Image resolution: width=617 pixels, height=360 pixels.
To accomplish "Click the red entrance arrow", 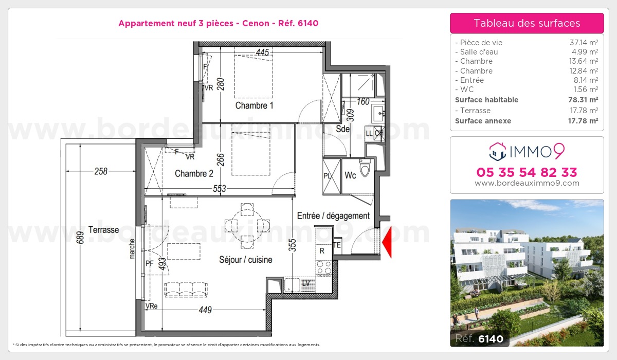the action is pyautogui.click(x=387, y=242).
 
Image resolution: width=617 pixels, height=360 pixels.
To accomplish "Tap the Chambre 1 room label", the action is pyautogui.click(x=254, y=105).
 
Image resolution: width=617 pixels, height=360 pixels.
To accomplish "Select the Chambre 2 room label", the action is pyautogui.click(x=194, y=173).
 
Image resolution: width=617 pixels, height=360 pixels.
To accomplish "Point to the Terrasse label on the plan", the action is pyautogui.click(x=103, y=230).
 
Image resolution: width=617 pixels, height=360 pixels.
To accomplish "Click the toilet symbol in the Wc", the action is pyautogui.click(x=365, y=168).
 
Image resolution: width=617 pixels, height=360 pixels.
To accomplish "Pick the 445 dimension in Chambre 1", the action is pyautogui.click(x=262, y=52).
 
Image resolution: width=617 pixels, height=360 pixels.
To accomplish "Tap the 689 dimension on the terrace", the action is pyautogui.click(x=80, y=238).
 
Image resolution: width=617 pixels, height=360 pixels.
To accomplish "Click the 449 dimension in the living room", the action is pyautogui.click(x=205, y=310).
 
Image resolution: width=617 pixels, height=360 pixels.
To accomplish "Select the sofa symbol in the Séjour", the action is pyautogui.click(x=186, y=290).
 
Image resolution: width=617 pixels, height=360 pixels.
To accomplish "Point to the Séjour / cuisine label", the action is pyautogui.click(x=246, y=260).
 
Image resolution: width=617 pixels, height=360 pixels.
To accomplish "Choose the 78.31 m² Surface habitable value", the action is pyautogui.click(x=583, y=100).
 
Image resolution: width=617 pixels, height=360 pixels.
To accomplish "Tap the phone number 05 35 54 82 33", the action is pyautogui.click(x=527, y=172).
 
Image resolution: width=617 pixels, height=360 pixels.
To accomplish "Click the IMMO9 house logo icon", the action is pyautogui.click(x=498, y=152).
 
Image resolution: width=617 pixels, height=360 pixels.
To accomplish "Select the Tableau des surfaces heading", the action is pyautogui.click(x=527, y=23).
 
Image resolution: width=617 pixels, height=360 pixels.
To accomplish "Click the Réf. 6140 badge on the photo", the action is pyautogui.click(x=479, y=338).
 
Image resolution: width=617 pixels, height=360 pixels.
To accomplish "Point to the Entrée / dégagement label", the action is pyautogui.click(x=333, y=215).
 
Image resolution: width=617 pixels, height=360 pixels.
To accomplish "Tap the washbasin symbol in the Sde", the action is pyautogui.click(x=378, y=113).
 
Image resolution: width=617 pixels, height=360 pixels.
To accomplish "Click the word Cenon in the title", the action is pyautogui.click(x=256, y=23).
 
